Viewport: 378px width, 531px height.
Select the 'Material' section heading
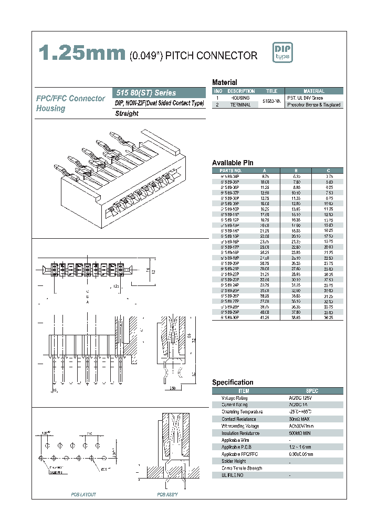click(x=224, y=82)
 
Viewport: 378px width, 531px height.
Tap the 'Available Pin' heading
click(x=233, y=163)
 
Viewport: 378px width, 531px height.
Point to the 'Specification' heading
click(x=233, y=383)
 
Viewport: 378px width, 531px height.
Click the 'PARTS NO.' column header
click(x=231, y=171)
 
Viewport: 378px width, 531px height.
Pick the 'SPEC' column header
click(x=312, y=391)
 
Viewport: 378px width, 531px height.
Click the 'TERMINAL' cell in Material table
click(x=240, y=105)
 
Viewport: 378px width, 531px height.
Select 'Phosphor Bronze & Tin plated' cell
click(x=314, y=105)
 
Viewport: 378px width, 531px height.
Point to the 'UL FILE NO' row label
click(x=233, y=475)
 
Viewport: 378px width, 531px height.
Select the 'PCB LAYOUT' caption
click(x=83, y=495)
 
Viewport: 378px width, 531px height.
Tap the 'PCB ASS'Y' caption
click(x=167, y=495)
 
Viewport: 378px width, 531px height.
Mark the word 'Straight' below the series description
click(x=127, y=113)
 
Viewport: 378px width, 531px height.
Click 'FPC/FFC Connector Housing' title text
click(x=70, y=103)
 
